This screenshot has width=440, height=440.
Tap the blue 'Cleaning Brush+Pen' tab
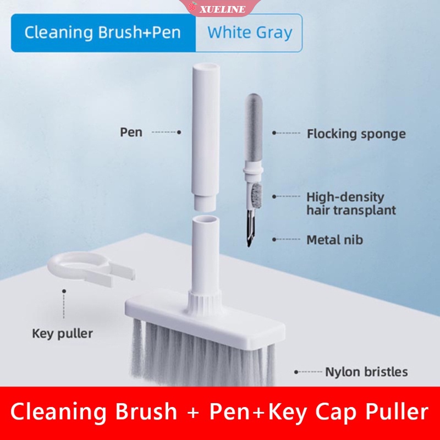(x=103, y=32)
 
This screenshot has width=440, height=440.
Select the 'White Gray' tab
(x=249, y=32)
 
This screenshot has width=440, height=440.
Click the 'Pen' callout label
(x=131, y=133)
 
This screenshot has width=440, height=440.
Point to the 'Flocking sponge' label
(x=356, y=134)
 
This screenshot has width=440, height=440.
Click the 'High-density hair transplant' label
(x=351, y=204)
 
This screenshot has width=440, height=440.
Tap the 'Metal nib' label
(x=334, y=240)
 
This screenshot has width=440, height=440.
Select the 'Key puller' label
(x=62, y=333)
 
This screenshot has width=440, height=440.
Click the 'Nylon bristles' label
(x=366, y=372)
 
